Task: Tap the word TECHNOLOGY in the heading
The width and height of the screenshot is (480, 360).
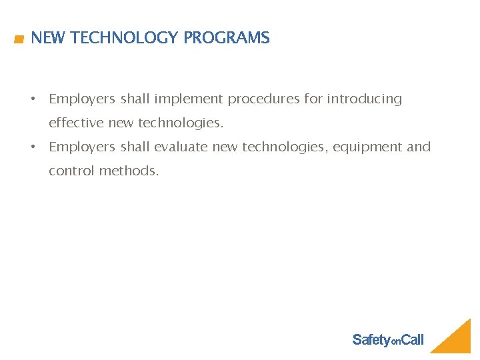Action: pos(125,38)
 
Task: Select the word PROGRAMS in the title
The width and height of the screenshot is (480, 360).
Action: pos(227,38)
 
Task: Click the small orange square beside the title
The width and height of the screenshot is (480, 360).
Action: pos(19,39)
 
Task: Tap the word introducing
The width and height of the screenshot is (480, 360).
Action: pos(364,99)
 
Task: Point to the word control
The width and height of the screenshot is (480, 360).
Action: pos(72,171)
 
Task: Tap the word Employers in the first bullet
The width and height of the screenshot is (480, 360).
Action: pos(82,99)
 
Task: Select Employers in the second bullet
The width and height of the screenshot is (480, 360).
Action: pos(82,147)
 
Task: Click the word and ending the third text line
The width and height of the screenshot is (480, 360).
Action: pos(419,147)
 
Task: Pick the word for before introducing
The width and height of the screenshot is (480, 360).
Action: pos(313,99)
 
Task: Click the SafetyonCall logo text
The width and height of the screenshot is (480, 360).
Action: pos(387,340)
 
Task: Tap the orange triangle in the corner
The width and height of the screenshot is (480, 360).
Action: pos(457,341)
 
